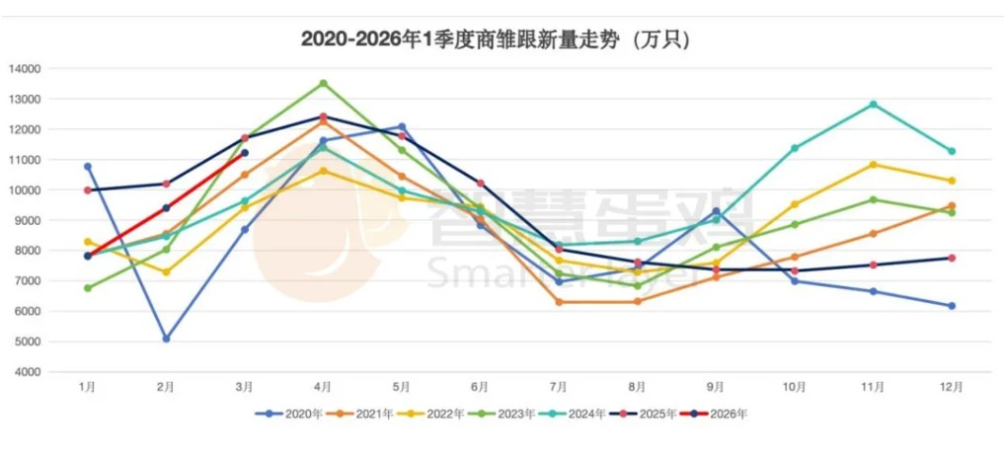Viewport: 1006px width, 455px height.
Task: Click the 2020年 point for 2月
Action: (x=166, y=339)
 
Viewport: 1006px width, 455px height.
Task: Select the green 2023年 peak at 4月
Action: (x=323, y=83)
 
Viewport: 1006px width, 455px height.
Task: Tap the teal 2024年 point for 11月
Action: (x=873, y=104)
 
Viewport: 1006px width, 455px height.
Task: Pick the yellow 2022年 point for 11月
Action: (x=873, y=164)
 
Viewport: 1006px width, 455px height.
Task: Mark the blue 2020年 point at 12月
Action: (x=952, y=306)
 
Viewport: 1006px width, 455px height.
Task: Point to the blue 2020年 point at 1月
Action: (x=88, y=167)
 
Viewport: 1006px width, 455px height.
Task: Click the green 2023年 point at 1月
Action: (x=88, y=288)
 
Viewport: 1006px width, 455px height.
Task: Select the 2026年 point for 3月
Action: (x=245, y=153)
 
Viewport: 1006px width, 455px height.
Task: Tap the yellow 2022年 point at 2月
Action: (x=166, y=271)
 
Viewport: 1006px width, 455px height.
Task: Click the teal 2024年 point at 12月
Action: (x=952, y=151)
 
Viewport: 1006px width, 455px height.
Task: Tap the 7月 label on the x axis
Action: (x=558, y=387)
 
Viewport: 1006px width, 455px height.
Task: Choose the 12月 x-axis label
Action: (x=951, y=387)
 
